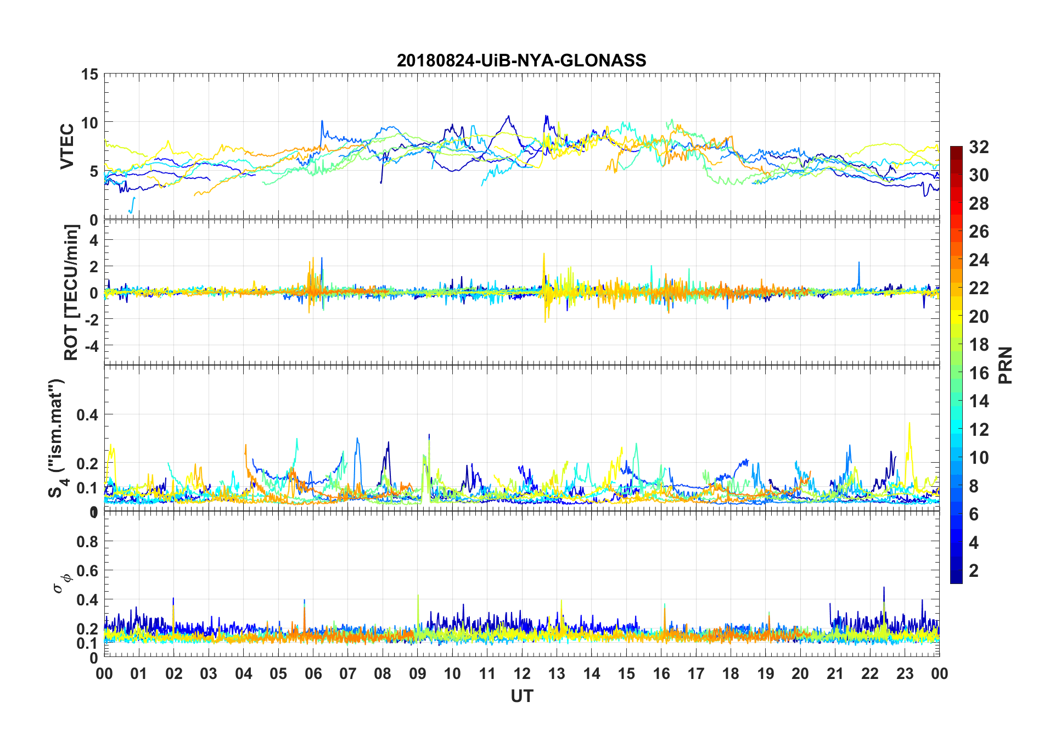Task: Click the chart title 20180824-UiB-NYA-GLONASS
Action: tap(521, 60)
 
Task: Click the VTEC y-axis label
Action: tap(67, 147)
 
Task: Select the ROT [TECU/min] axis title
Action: tap(71, 292)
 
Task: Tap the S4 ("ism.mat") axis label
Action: tap(57, 438)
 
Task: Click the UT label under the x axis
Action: tap(521, 696)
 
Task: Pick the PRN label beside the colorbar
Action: tap(1005, 365)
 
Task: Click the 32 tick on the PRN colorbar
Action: tap(979, 147)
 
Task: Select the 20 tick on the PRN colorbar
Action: tap(979, 317)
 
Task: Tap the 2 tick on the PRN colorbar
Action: tap(974, 571)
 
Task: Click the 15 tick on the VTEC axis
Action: tap(89, 75)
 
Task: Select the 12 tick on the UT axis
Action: tap(522, 673)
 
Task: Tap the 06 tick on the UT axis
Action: tap(313, 673)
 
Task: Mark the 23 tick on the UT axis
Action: tap(905, 673)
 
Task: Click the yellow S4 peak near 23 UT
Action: tap(909, 424)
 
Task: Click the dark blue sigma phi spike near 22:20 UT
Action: tap(884, 588)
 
